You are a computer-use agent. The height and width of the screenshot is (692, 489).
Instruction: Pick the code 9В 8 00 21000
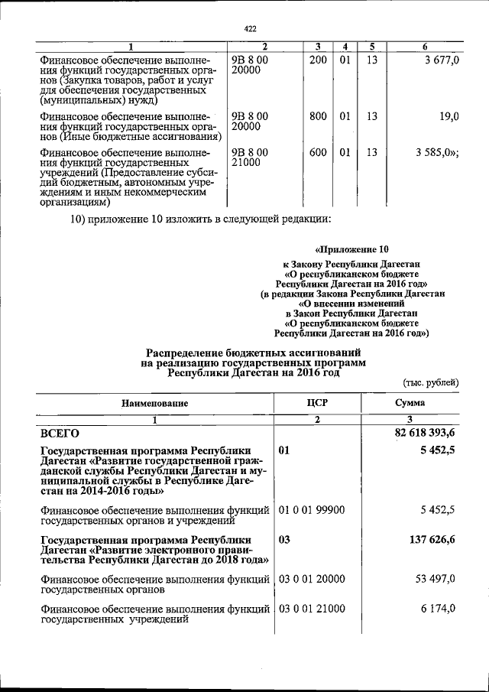point(250,158)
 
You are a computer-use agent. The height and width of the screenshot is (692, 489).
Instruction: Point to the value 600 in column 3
point(318,152)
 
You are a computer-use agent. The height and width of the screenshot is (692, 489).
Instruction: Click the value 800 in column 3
point(318,116)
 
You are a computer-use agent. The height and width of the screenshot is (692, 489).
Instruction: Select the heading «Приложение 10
point(352,249)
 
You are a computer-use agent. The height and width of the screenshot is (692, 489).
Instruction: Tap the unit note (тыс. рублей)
point(430,382)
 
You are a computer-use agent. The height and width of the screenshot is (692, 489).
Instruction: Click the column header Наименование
point(153,403)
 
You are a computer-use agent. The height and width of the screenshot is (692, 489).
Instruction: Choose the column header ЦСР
point(316,403)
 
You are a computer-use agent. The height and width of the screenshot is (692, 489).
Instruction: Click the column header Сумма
point(410,403)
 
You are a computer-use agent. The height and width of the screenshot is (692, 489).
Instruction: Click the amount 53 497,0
point(436,579)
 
